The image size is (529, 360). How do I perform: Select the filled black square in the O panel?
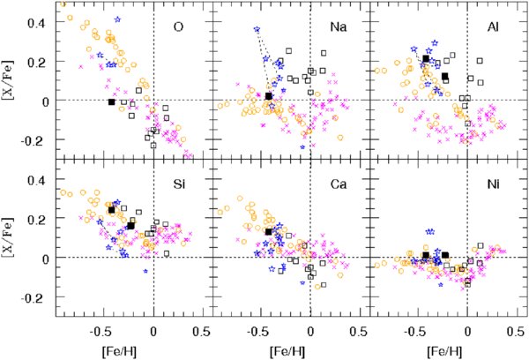[x=111, y=101]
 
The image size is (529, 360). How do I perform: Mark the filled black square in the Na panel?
[x=268, y=95]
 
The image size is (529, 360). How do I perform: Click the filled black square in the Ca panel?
[x=268, y=231]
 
